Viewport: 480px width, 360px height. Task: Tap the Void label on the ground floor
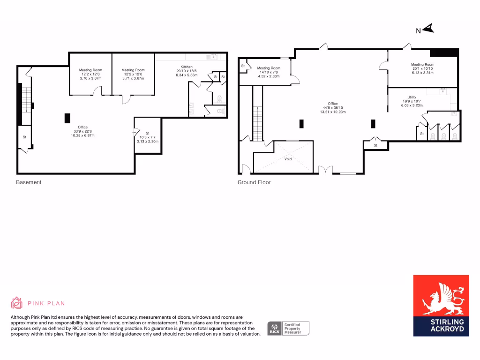click(288, 159)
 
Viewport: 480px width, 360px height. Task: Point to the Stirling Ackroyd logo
click(441, 305)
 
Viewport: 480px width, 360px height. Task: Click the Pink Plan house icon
click(17, 303)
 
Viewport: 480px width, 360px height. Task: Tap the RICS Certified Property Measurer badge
click(288, 328)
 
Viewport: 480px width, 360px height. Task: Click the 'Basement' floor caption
click(29, 182)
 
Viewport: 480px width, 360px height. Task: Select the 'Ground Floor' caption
click(254, 182)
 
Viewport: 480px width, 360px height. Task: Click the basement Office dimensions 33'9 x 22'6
click(83, 131)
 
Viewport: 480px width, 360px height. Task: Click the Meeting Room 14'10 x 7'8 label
click(269, 72)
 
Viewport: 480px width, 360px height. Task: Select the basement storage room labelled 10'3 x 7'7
click(147, 137)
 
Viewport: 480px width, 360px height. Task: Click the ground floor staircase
click(257, 123)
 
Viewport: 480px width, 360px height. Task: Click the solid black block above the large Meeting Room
click(443, 52)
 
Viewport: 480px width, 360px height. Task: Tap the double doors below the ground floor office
click(324, 170)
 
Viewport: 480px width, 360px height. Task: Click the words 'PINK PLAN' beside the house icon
click(46, 303)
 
